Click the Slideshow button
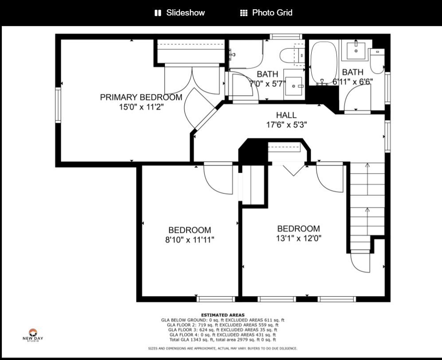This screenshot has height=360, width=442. coord(180,13)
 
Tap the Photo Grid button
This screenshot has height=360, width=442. coord(266,13)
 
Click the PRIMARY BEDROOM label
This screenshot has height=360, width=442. coord(141,97)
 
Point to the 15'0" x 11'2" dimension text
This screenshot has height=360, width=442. coord(141,107)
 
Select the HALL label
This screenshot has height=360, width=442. coord(286,115)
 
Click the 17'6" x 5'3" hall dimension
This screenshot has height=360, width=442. coord(286,125)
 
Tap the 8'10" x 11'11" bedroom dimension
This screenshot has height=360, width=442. coord(189,240)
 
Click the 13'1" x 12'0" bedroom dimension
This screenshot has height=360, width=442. coord(298,239)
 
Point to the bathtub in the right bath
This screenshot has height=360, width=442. coord(324,63)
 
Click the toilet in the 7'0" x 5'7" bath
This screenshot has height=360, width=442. coord(290,55)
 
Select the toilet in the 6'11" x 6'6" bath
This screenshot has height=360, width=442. coord(377,61)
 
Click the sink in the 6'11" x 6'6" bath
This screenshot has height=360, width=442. coord(356,51)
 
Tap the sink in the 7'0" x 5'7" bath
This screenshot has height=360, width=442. coord(294,86)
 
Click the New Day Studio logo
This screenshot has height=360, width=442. coord(33,335)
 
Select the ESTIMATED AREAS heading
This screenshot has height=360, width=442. coord(223,315)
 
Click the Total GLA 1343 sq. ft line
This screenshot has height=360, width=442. coord(223,340)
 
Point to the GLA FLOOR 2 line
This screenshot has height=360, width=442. coord(223,325)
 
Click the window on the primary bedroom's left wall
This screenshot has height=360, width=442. coord(58,105)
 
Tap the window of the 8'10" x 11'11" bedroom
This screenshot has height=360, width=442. coord(215,299)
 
